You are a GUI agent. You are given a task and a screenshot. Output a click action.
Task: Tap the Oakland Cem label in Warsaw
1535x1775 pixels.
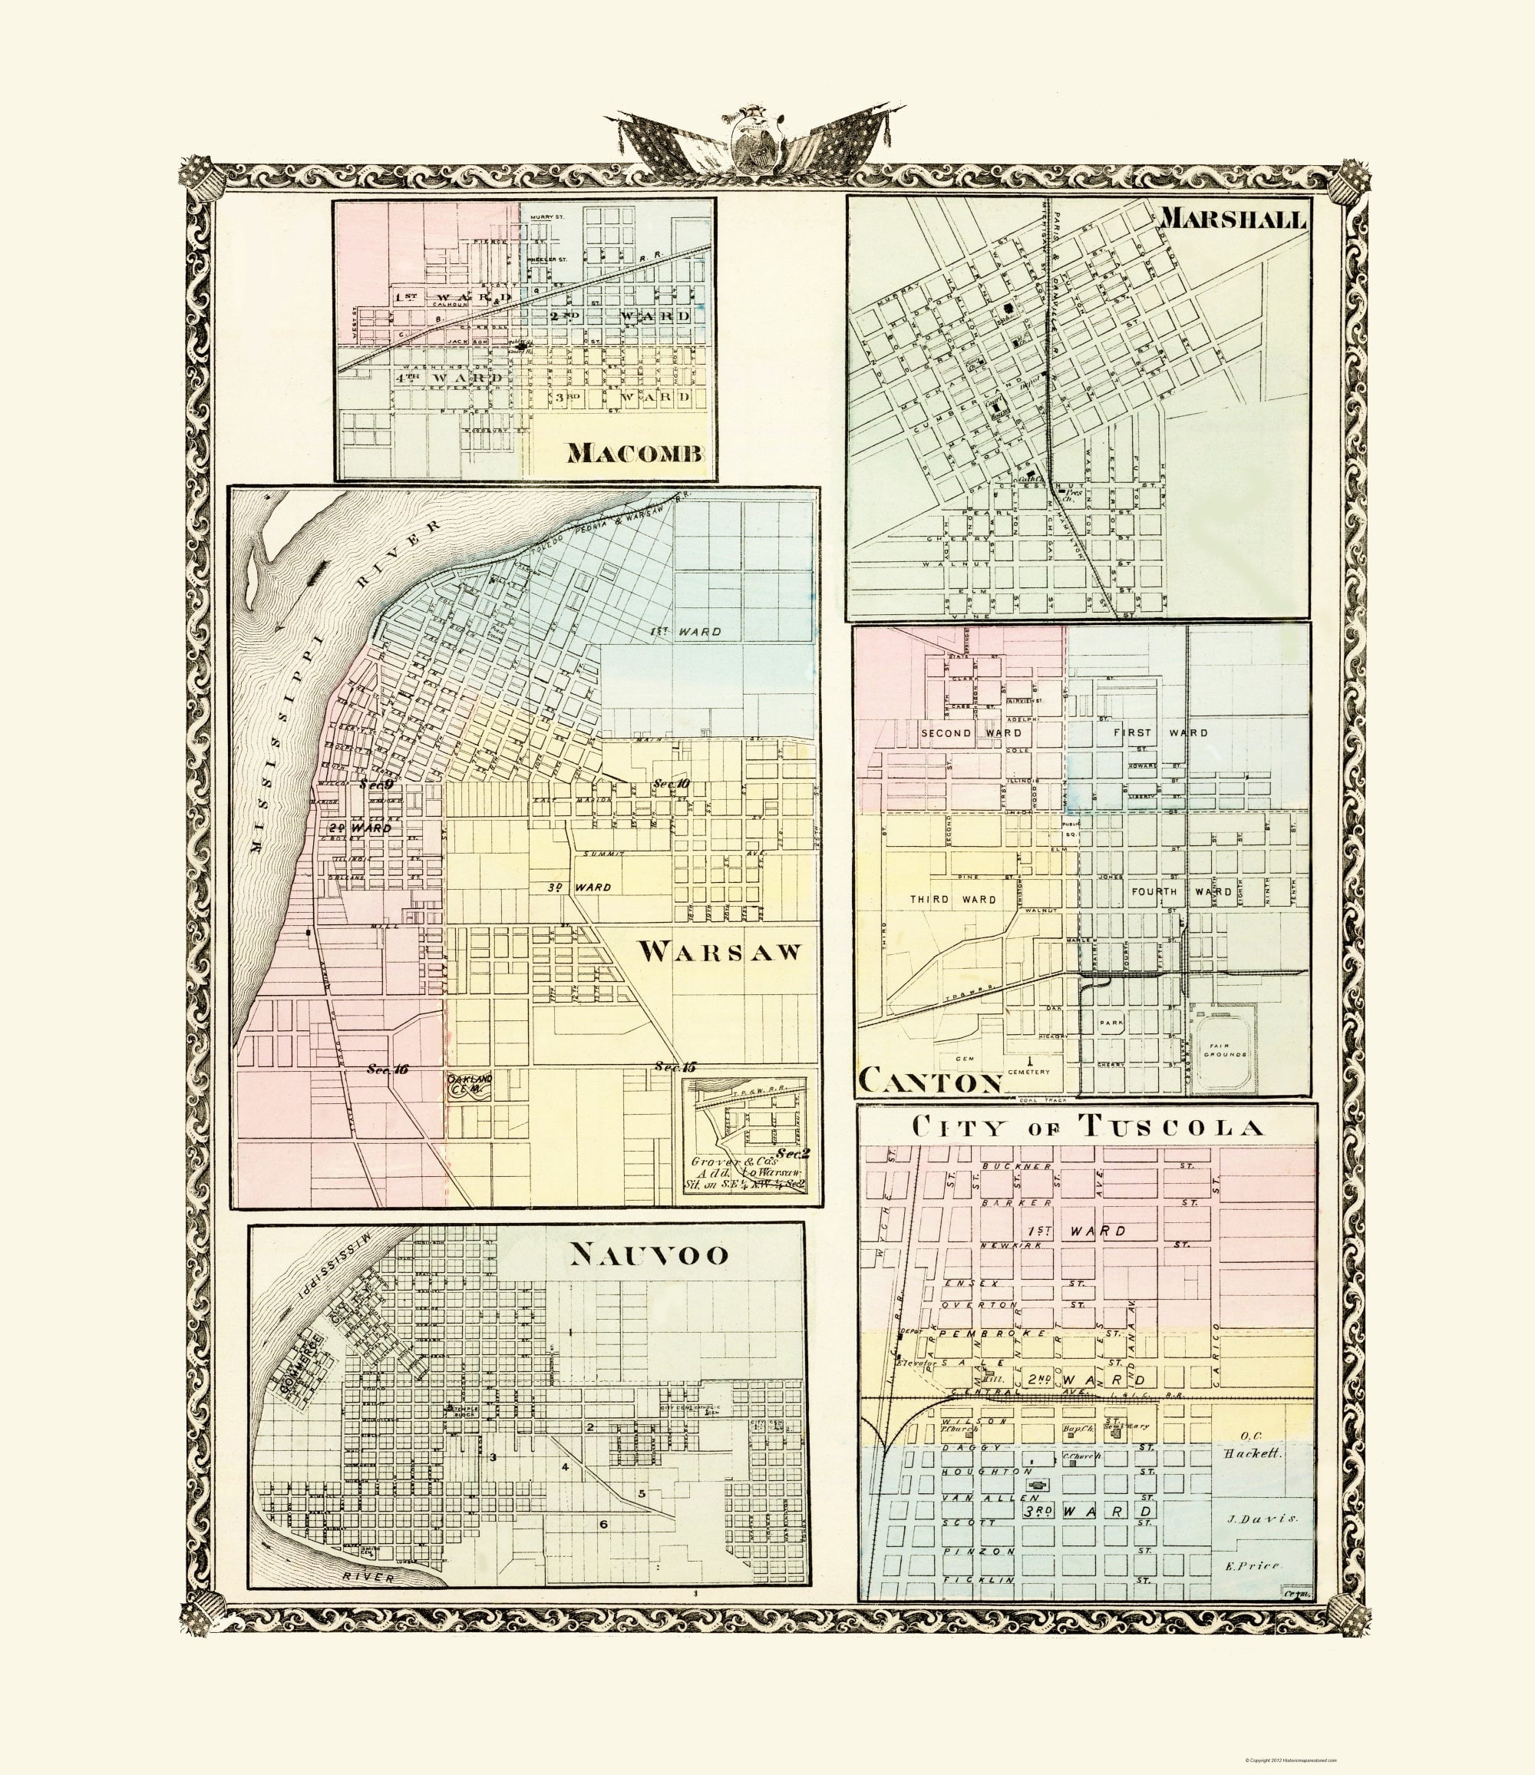470,1082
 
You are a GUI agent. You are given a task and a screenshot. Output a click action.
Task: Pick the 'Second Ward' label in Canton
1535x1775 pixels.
958,732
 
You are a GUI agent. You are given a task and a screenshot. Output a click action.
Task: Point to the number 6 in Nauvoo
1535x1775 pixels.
603,1524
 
